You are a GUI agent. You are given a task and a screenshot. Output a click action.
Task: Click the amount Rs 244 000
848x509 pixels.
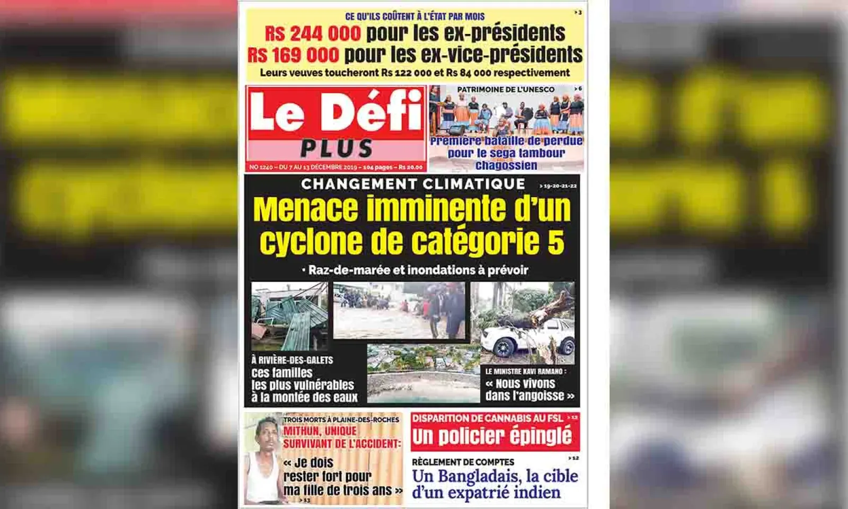pos(313,34)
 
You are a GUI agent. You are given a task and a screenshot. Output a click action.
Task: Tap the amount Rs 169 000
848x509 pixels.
pos(293,55)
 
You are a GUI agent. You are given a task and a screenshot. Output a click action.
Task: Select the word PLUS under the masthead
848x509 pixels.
pos(337,149)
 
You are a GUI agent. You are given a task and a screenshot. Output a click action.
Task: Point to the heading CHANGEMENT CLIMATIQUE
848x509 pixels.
pos(413,184)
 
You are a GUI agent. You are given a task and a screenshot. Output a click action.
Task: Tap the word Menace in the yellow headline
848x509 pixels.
pos(306,209)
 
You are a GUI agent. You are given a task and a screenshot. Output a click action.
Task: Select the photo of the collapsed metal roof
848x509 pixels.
pos(289,316)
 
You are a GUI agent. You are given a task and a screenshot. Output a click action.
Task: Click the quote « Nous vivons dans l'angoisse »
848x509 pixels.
pos(529,390)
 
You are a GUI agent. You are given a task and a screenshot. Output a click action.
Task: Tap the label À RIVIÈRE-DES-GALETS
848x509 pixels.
pos(292,360)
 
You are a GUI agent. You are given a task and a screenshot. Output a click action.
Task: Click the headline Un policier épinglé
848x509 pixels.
pos(492,437)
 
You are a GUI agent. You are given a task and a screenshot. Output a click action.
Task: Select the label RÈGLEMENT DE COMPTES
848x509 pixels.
pos(463,462)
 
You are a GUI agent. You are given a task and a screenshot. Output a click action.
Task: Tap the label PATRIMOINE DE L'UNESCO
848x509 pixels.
pos(506,90)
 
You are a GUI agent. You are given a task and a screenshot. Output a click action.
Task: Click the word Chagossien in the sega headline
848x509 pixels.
pos(506,165)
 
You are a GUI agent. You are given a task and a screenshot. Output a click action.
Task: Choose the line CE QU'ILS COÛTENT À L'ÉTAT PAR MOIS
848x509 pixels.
pos(414,16)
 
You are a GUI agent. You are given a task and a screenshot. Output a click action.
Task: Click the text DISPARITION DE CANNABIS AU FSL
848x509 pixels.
pos(488,418)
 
